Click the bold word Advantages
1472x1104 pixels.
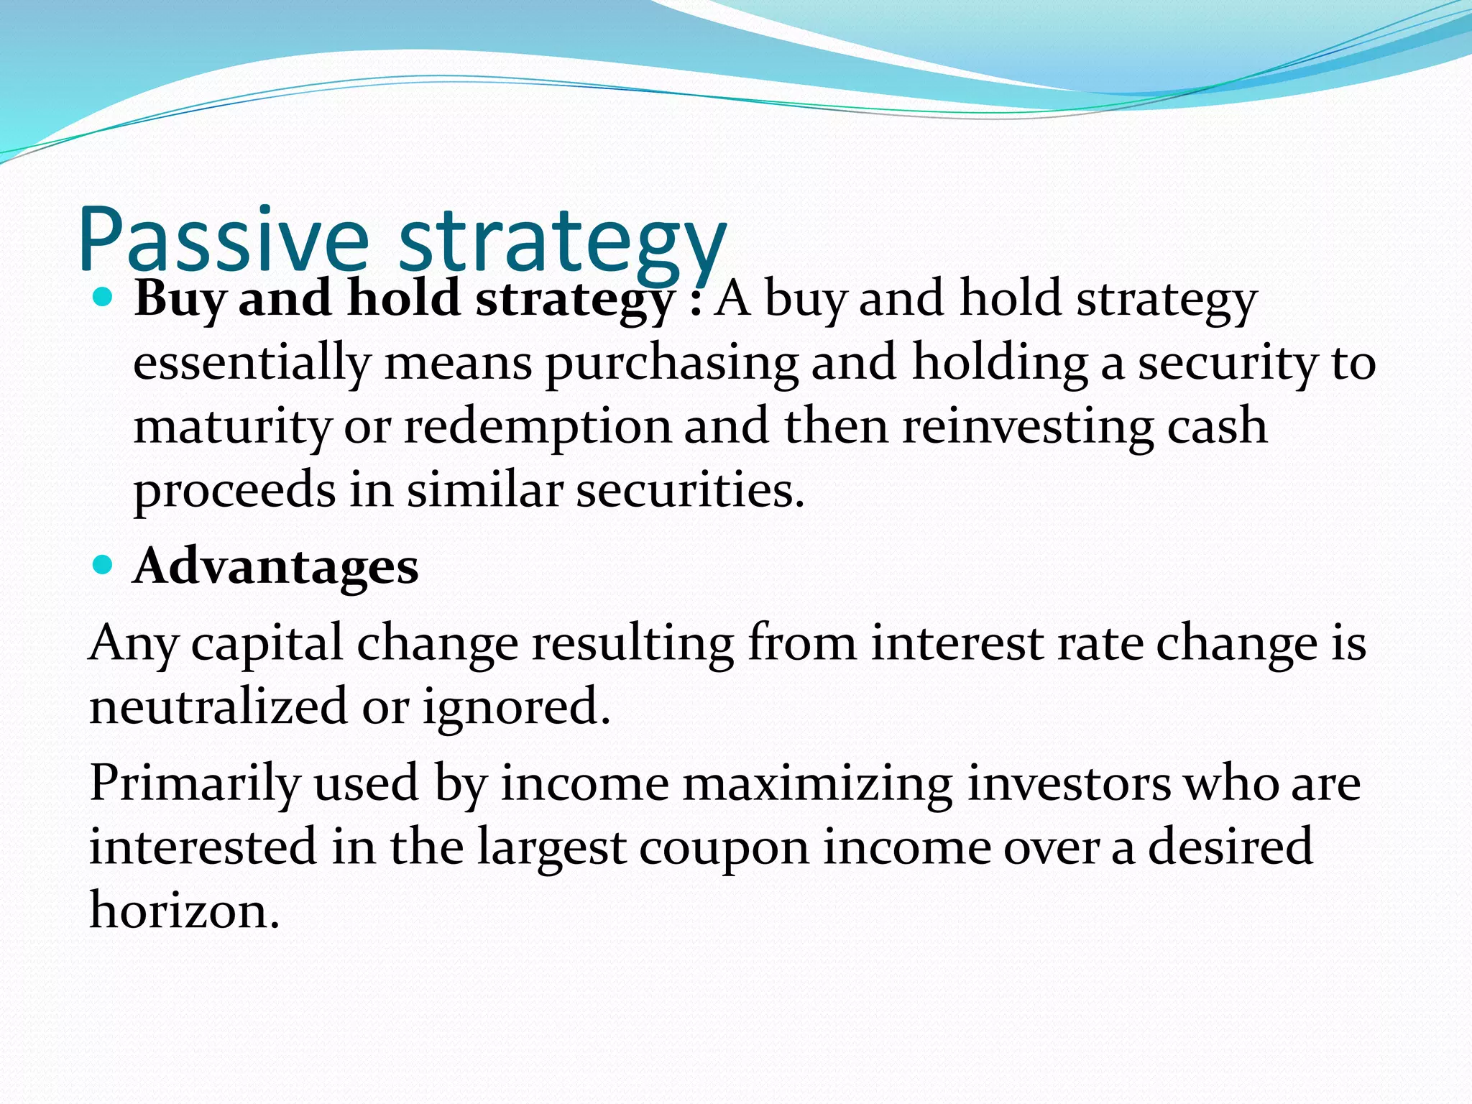[x=276, y=567]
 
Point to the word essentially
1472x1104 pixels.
[x=251, y=363]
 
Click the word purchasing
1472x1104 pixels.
[x=671, y=363]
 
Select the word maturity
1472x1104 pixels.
[x=231, y=426]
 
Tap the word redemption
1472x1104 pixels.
[x=536, y=426]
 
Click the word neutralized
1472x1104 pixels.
[x=218, y=706]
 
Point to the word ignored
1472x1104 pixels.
[x=516, y=707]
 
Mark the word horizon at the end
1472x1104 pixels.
[x=183, y=911]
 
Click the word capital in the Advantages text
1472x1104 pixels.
[x=267, y=643]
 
